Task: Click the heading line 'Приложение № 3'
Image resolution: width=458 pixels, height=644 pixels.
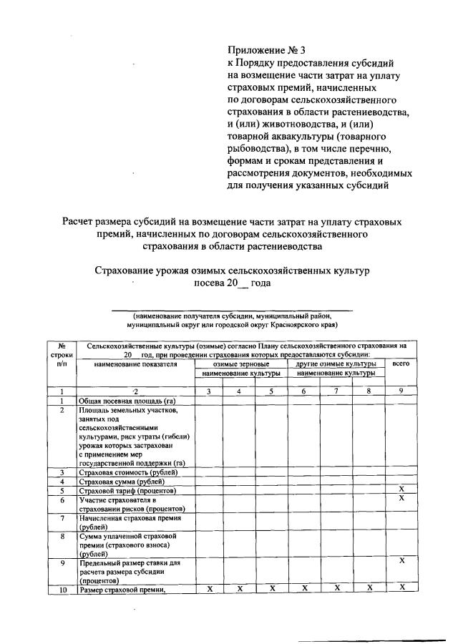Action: tap(265, 50)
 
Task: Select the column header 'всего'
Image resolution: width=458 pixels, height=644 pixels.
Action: tap(401, 364)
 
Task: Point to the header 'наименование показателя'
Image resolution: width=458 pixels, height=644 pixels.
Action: tap(135, 364)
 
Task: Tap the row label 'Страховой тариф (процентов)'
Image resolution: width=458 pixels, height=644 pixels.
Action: tap(127, 491)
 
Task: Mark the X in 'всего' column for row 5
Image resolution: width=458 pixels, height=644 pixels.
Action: tap(402, 489)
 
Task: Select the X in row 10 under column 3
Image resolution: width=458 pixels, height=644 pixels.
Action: tap(210, 588)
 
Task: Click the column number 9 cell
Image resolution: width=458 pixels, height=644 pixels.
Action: tap(401, 391)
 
